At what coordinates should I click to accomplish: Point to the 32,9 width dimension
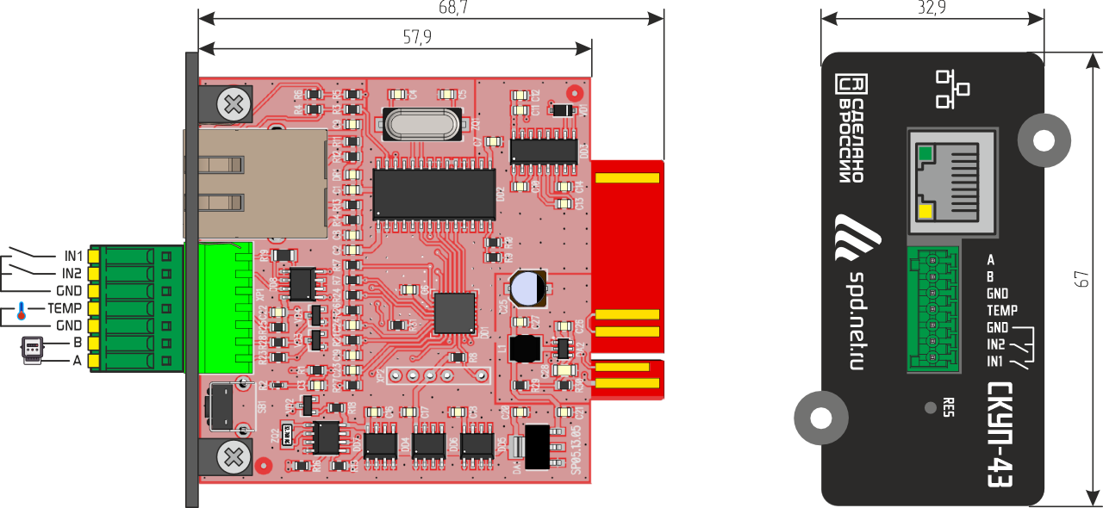pyautogui.click(x=932, y=8)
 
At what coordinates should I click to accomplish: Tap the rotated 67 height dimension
pyautogui.click(x=1083, y=278)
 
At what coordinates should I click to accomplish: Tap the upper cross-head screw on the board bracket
pyautogui.click(x=233, y=106)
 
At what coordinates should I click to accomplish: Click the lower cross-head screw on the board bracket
pyautogui.click(x=233, y=455)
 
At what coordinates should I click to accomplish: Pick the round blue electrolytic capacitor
pyautogui.click(x=527, y=289)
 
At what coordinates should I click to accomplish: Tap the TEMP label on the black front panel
pyautogui.click(x=1002, y=310)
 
